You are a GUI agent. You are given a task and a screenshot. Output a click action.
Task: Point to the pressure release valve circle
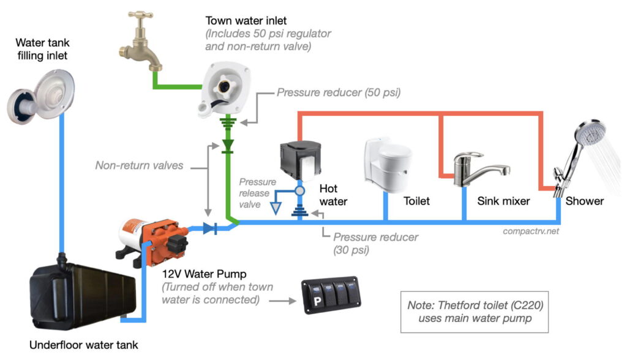[300, 190]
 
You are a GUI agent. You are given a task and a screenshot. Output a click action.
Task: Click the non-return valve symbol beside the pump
[210, 228]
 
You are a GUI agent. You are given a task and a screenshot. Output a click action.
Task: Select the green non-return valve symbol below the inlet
[228, 146]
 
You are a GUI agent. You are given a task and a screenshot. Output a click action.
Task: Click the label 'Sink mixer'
[503, 201]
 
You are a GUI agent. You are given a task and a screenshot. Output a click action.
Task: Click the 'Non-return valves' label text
[139, 165]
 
